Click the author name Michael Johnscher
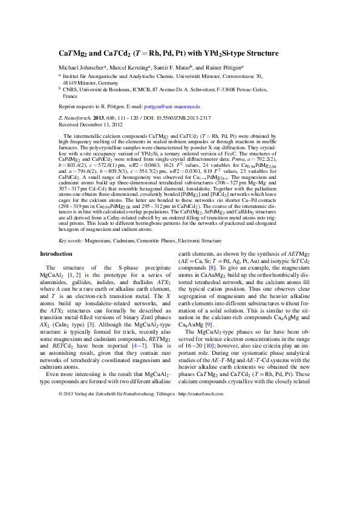pyautogui.click(x=80, y=66)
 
